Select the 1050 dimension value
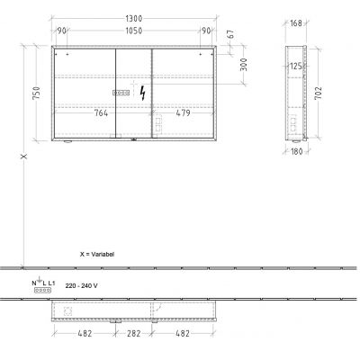click(x=135, y=31)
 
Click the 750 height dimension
click(x=35, y=94)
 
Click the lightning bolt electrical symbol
click(x=139, y=92)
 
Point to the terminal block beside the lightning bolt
click(x=121, y=92)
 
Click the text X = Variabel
click(x=97, y=255)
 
